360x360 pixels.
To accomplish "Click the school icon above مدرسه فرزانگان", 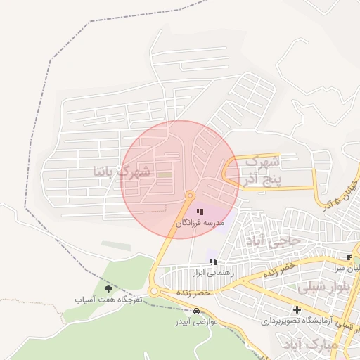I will pyautogui.click(x=200, y=211).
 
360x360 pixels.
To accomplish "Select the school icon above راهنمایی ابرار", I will pyautogui.click(x=213, y=262).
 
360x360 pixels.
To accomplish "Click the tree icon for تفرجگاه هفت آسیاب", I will pyautogui.click(x=108, y=288).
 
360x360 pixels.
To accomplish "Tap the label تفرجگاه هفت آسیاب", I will pyautogui.click(x=109, y=300).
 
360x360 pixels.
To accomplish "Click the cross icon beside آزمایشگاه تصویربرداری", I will pyautogui.click(x=297, y=309).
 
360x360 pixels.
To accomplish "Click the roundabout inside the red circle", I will pyautogui.click(x=190, y=195).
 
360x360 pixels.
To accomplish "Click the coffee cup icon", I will pyautogui.click(x=349, y=257).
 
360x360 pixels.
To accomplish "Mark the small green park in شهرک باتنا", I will pyautogui.click(x=164, y=174).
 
